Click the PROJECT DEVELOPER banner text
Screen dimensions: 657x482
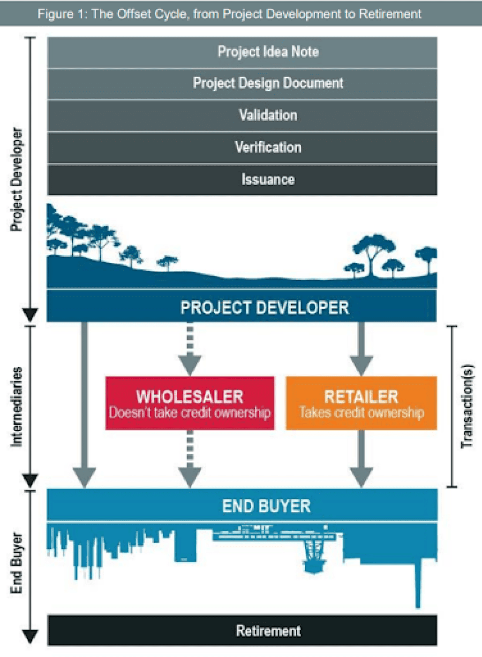264,308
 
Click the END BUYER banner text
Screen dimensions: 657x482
266,506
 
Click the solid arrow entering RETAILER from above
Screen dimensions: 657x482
361,350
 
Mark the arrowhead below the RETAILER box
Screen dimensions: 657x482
361,476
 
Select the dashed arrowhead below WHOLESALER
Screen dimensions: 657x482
190,476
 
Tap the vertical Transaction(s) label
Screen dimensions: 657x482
467,406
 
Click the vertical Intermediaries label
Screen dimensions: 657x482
16,406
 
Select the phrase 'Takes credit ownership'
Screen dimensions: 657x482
361,413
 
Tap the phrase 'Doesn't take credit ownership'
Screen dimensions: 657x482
190,413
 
